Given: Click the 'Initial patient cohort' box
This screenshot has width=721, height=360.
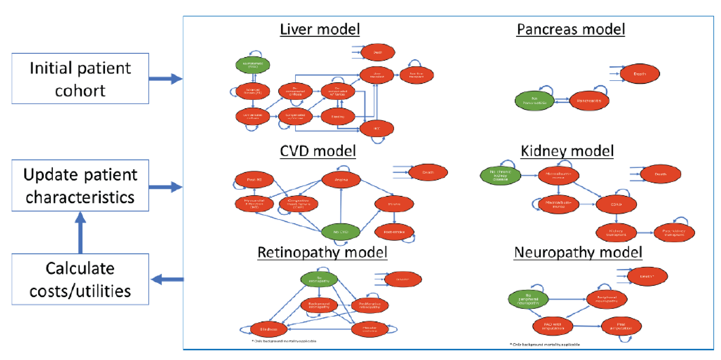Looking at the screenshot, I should [80, 79].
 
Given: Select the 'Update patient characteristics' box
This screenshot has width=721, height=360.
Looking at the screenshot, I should [80, 185].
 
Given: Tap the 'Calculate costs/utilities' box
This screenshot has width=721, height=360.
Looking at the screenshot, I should [80, 279].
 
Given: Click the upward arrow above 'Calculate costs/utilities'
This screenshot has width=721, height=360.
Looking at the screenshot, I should [80, 232].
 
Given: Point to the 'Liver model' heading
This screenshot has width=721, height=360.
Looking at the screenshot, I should [320, 29].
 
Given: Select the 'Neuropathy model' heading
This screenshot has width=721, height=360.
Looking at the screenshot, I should [578, 252].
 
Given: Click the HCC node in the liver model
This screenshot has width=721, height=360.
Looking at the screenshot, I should [377, 128].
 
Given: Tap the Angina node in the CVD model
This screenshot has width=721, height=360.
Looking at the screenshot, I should [341, 180].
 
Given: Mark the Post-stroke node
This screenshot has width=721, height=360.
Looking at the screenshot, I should [394, 232].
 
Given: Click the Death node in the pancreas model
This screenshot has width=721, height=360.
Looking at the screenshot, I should [640, 74].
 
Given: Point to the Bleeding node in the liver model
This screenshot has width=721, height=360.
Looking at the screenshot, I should [338, 116].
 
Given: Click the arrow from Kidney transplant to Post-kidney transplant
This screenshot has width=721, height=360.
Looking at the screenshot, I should [645, 233].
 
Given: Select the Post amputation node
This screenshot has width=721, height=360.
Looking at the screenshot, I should [621, 326].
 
